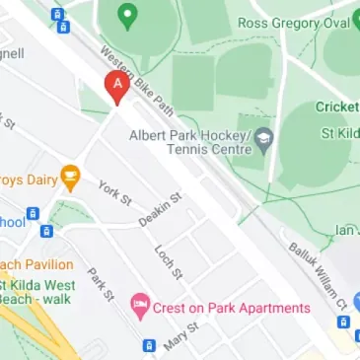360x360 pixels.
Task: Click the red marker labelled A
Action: pyautogui.click(x=116, y=87)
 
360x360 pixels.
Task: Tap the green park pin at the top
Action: pyautogui.click(x=126, y=16)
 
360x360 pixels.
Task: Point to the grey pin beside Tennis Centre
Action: pyautogui.click(x=263, y=140)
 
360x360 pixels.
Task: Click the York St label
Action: pyautogui.click(x=114, y=192)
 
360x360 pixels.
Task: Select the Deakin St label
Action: pyautogui.click(x=160, y=209)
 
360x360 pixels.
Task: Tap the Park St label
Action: pyautogui.click(x=101, y=283)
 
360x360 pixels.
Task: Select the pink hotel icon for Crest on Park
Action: pyautogui.click(x=140, y=308)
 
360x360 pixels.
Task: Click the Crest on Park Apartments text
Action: pyautogui.click(x=232, y=308)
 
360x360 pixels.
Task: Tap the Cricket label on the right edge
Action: pyautogui.click(x=337, y=107)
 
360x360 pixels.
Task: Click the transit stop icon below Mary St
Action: pyautogui.click(x=148, y=346)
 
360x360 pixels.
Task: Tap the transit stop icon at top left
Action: pyautogui.click(x=57, y=16)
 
